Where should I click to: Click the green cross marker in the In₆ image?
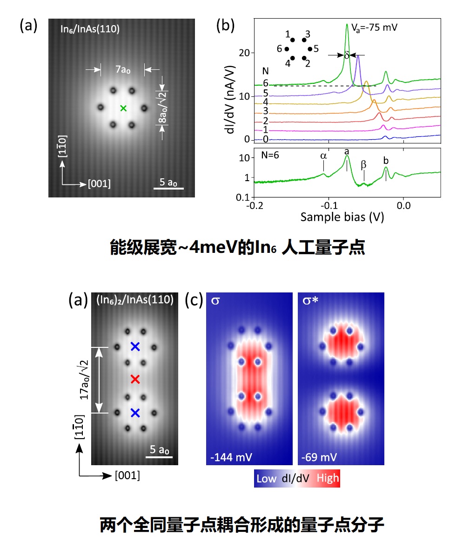point(123,108)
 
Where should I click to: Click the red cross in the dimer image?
point(135,380)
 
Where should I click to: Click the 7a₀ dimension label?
point(122,70)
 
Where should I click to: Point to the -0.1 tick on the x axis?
point(329,205)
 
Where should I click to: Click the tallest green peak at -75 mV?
point(347,26)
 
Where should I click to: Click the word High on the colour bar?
point(328,479)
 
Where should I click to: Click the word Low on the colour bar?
point(266,479)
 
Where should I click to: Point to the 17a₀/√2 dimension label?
point(85,380)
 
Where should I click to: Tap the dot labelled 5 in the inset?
point(309,48)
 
